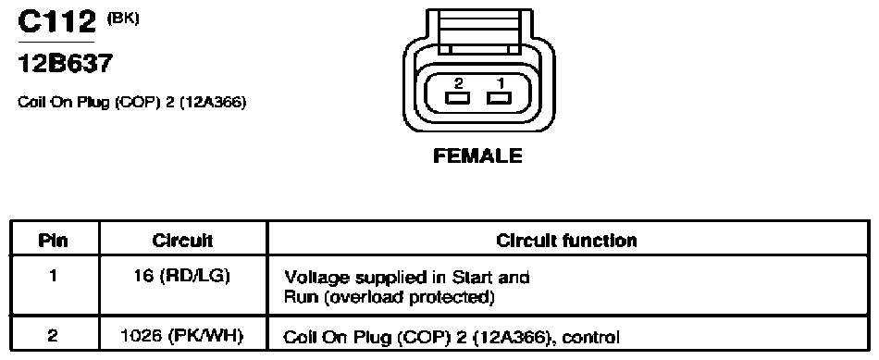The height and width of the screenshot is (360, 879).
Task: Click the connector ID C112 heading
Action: [56, 22]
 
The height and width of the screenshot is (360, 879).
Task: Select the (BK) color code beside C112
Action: [122, 18]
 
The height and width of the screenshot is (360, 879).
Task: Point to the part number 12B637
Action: [65, 64]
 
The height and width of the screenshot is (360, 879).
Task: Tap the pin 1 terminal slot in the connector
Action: [500, 99]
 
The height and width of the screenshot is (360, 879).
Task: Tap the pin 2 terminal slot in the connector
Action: [458, 99]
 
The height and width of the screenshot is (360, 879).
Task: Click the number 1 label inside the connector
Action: [500, 83]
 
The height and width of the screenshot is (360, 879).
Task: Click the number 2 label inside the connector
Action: [459, 83]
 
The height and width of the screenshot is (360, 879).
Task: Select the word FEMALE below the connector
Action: [477, 155]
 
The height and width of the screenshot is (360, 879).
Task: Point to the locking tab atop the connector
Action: [477, 32]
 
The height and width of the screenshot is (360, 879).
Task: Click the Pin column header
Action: [54, 241]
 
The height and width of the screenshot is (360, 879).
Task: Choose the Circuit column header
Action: [183, 241]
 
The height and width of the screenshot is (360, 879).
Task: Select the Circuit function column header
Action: [567, 241]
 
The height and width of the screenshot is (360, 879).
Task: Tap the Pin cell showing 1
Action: [52, 277]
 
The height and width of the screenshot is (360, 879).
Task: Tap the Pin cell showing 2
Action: [52, 336]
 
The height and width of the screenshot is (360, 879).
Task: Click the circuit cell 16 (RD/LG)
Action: [183, 277]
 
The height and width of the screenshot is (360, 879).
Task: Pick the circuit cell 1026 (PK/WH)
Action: [182, 336]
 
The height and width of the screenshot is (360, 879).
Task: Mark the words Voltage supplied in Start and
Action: [407, 277]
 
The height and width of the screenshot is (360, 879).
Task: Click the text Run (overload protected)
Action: [390, 297]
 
